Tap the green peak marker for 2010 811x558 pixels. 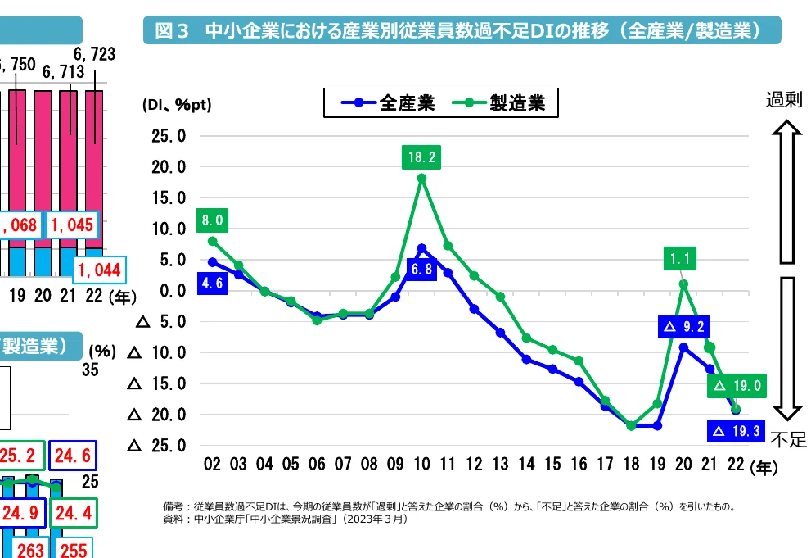[x=421, y=178]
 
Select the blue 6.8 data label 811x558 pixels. [x=422, y=270]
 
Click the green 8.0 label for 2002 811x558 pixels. [x=213, y=220]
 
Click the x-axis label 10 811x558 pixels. [x=422, y=465]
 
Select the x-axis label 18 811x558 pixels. [x=631, y=465]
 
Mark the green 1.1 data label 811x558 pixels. [x=683, y=259]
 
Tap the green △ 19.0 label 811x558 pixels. [x=737, y=385]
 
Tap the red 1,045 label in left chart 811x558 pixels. [x=73, y=225]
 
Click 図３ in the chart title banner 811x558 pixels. [x=173, y=32]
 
